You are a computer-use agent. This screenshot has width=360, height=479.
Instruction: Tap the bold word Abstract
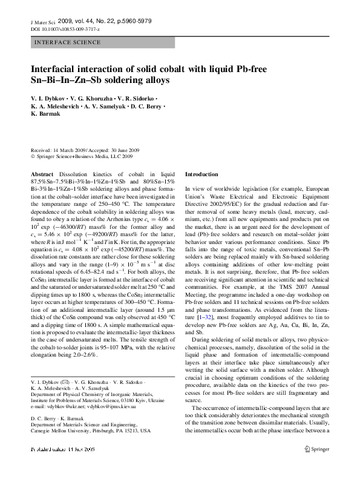pyautogui.click(x=42, y=174)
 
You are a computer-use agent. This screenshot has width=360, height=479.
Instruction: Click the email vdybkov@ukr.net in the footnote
pyautogui.click(x=66, y=407)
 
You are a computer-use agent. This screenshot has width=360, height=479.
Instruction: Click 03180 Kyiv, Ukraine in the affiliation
pyautogui.click(x=140, y=401)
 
